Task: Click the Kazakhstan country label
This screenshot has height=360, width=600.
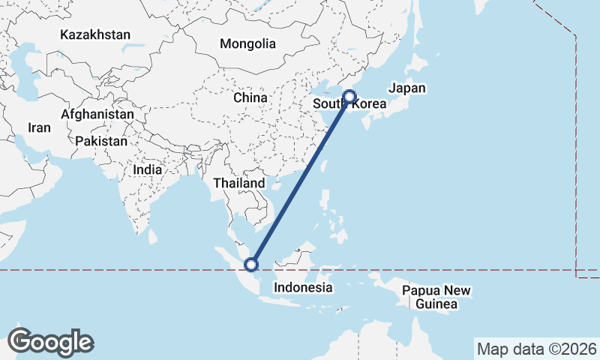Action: [x=95, y=34]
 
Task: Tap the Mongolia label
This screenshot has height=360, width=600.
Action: [x=247, y=43]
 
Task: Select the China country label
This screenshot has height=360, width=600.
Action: [x=250, y=97]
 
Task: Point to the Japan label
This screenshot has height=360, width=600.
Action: [x=407, y=88]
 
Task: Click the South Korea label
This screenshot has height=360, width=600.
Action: [x=349, y=104]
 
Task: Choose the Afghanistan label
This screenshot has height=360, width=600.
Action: [x=97, y=114]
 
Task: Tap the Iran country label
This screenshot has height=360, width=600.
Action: [x=39, y=127]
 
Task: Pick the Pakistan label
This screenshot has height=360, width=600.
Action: [x=101, y=140]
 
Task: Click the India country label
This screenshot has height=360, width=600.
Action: [x=147, y=169]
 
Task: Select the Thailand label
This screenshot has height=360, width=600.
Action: [x=238, y=183]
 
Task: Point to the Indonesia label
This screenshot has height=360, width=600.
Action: [x=303, y=287]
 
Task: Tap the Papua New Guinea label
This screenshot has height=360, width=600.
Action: [x=436, y=297]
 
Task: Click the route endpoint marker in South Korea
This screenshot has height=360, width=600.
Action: [x=349, y=96]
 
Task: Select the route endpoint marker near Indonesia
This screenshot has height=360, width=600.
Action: [x=251, y=264]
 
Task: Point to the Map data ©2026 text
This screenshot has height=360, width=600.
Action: [x=536, y=349]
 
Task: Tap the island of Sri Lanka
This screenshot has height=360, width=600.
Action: [x=153, y=236]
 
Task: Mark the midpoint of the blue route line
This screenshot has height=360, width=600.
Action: [x=300, y=180]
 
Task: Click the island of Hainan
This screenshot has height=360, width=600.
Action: [x=268, y=183]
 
